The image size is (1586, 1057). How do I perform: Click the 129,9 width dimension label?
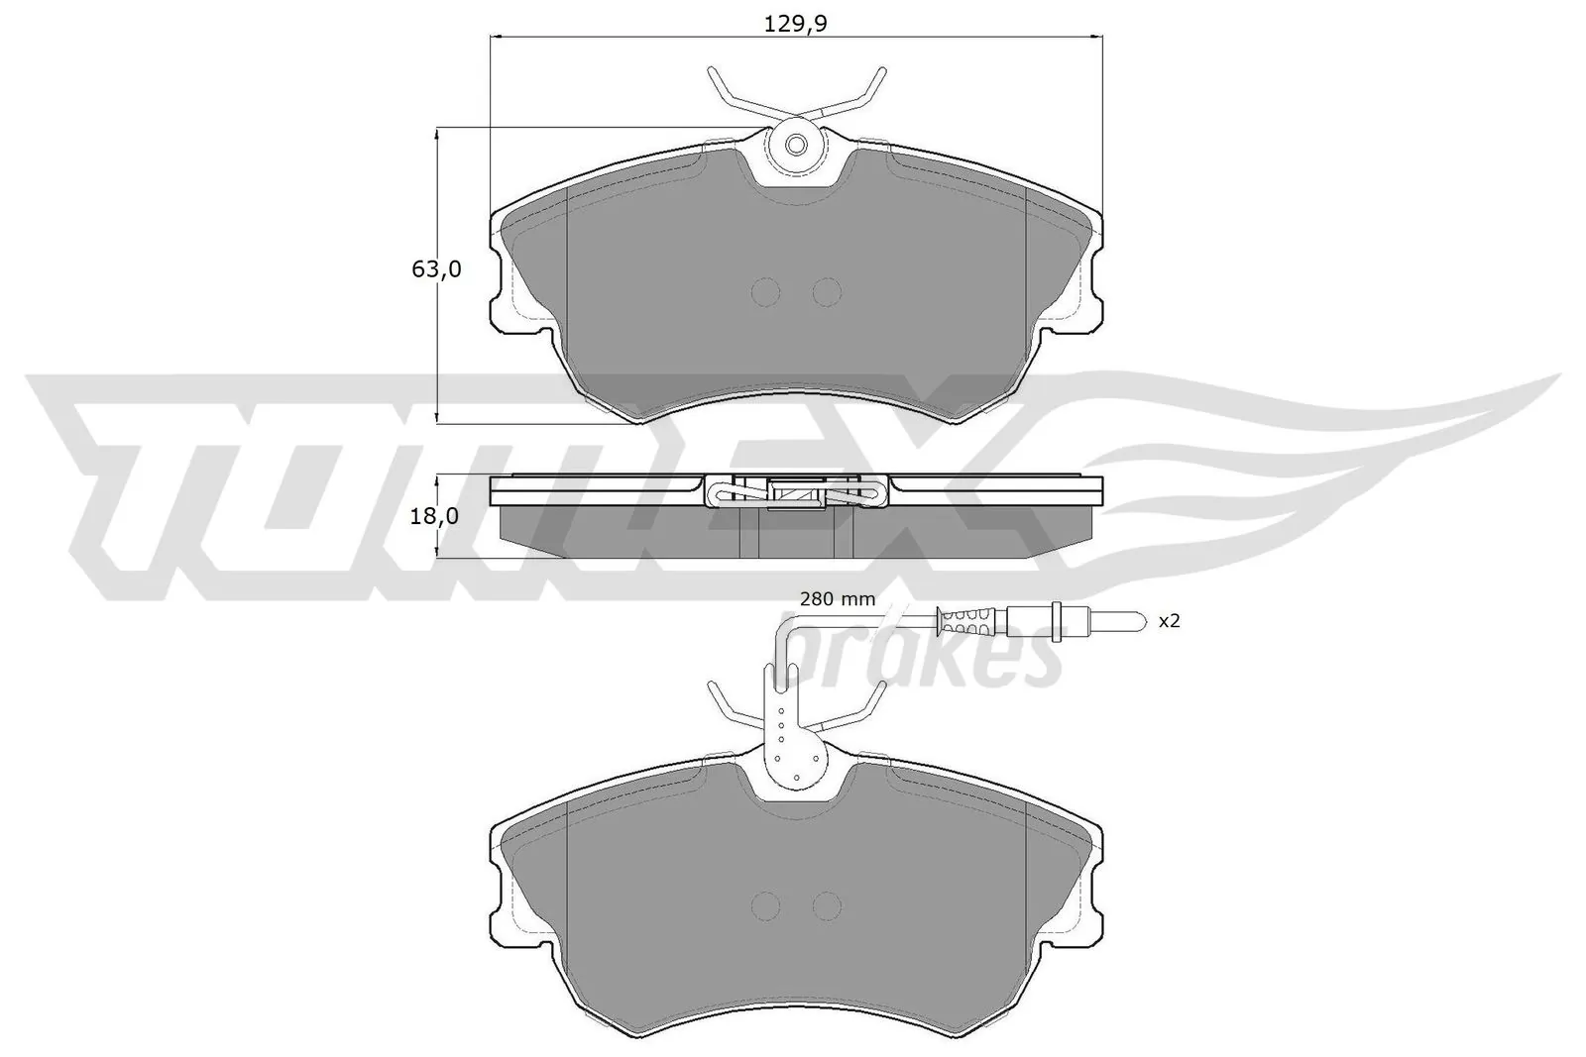click(x=795, y=25)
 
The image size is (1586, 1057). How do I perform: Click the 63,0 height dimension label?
click(x=435, y=268)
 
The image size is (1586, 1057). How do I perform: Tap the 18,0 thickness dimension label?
click(x=435, y=516)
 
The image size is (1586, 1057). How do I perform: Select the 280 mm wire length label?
click(x=838, y=598)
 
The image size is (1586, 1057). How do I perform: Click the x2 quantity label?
click(x=1170, y=621)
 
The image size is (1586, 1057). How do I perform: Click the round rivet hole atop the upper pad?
click(x=796, y=146)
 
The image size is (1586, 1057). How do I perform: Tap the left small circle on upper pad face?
click(x=766, y=291)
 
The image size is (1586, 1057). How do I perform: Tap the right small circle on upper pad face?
click(x=826, y=291)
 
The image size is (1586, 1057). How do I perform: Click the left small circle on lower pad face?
click(x=766, y=905)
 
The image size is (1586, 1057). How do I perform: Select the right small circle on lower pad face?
click(x=826, y=905)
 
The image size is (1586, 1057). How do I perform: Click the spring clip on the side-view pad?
click(x=795, y=492)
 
